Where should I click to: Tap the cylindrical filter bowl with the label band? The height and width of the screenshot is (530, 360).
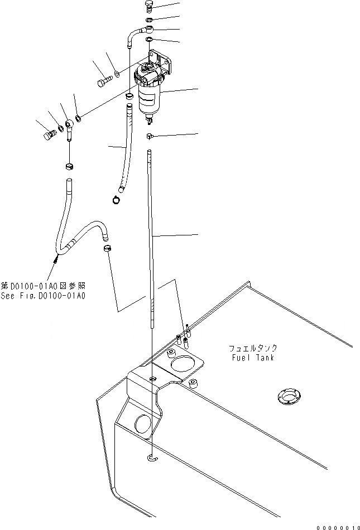tap(150, 99)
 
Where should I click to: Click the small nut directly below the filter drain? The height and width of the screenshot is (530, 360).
tap(150, 136)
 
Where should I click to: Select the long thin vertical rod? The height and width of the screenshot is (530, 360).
tap(150, 234)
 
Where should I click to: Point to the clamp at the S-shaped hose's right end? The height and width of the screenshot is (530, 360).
tap(107, 248)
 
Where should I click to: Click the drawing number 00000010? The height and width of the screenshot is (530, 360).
tap(337, 526)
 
